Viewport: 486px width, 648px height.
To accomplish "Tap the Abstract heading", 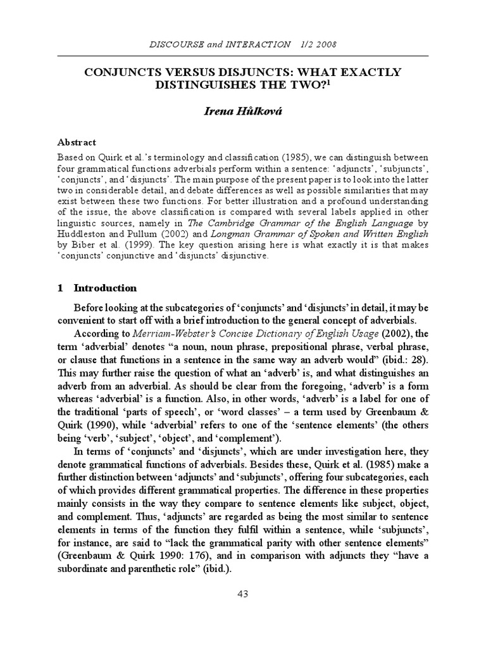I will pos(75,142).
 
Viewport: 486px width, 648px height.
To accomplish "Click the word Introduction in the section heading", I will pos(105,288).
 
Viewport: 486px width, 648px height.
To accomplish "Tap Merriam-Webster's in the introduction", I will pos(166,333).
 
